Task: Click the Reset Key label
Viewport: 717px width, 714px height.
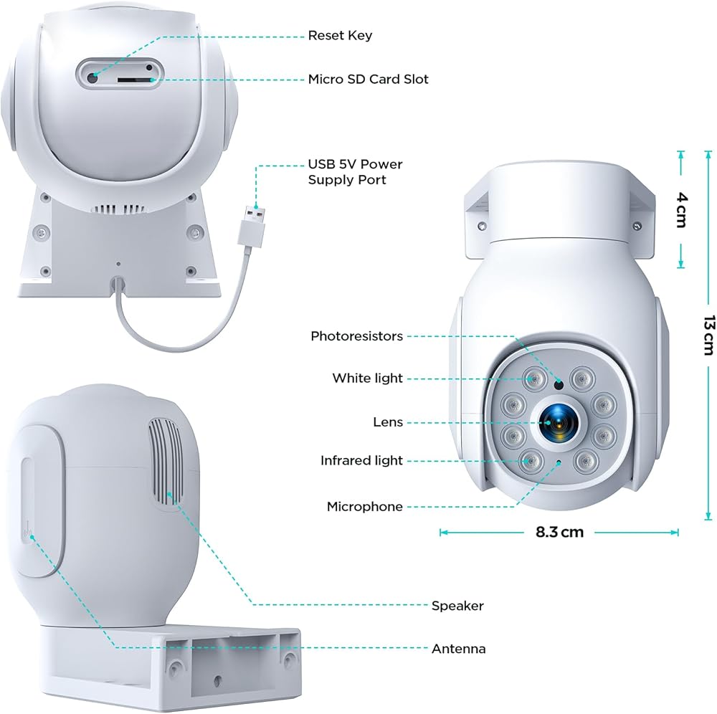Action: point(340,35)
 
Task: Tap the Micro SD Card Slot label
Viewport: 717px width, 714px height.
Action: point(368,79)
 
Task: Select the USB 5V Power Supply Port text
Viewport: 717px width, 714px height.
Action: point(356,172)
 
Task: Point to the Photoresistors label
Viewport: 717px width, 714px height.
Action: point(356,336)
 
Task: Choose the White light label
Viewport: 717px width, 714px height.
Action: point(368,378)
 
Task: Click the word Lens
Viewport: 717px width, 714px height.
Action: point(388,422)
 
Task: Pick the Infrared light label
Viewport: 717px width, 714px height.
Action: point(361,460)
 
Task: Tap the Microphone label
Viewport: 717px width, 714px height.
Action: point(365,507)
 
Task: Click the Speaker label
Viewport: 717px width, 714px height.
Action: point(457,606)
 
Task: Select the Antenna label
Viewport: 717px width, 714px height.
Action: point(459,649)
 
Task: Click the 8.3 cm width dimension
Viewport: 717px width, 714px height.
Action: point(560,532)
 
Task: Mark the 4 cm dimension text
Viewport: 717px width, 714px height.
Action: point(681,210)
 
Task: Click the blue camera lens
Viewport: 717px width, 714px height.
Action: point(555,422)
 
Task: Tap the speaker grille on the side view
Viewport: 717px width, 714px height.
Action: point(166,462)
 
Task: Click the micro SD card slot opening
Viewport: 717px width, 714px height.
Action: point(134,80)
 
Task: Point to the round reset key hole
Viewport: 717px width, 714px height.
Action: point(92,77)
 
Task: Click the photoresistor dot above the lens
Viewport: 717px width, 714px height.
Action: point(559,385)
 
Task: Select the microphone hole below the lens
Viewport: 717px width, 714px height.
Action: point(559,462)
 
